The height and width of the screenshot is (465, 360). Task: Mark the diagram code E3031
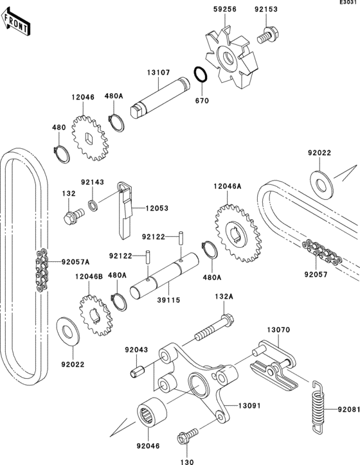click(349, 4)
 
